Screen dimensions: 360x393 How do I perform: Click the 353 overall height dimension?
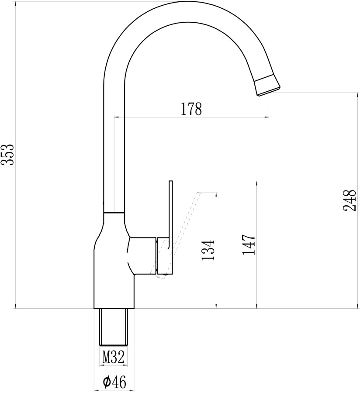coord(7,155)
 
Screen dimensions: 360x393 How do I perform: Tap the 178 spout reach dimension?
coord(191,109)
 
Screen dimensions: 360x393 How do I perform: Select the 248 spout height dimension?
coord(350,200)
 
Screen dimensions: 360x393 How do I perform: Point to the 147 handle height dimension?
coord(249,245)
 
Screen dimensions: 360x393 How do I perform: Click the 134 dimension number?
coord(208,250)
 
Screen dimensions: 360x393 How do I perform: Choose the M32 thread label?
coord(114,357)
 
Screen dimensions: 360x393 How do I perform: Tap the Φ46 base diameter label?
coord(114,382)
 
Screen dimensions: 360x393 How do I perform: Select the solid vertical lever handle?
coord(171,227)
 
